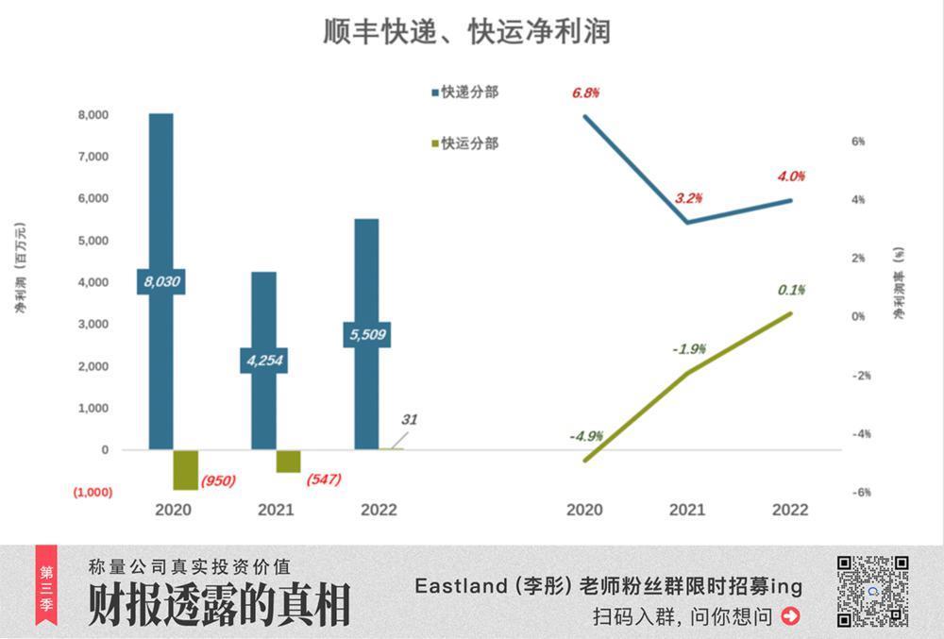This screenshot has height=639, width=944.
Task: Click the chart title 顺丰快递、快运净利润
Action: [x=466, y=30]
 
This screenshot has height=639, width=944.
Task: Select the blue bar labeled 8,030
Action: [x=160, y=189]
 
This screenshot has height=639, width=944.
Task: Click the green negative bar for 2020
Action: [x=186, y=469]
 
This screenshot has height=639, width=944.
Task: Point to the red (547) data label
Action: [x=324, y=479]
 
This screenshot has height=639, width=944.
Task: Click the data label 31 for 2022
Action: [x=408, y=420]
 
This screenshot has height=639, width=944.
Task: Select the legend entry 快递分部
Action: [x=464, y=92]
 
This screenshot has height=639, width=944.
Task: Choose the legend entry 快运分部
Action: [x=464, y=143]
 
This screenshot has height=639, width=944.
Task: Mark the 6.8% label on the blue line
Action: [x=584, y=93]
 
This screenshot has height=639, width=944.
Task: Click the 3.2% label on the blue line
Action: [x=689, y=198]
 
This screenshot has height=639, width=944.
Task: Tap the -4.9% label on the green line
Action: [x=586, y=436]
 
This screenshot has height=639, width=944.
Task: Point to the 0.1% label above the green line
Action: [x=791, y=290]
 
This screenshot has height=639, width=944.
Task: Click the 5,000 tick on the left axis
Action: [x=93, y=241]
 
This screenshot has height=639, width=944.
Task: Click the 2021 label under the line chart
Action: [x=687, y=510]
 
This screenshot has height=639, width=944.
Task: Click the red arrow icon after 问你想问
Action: [x=791, y=616]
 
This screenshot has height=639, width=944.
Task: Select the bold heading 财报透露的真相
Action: [x=219, y=605]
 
